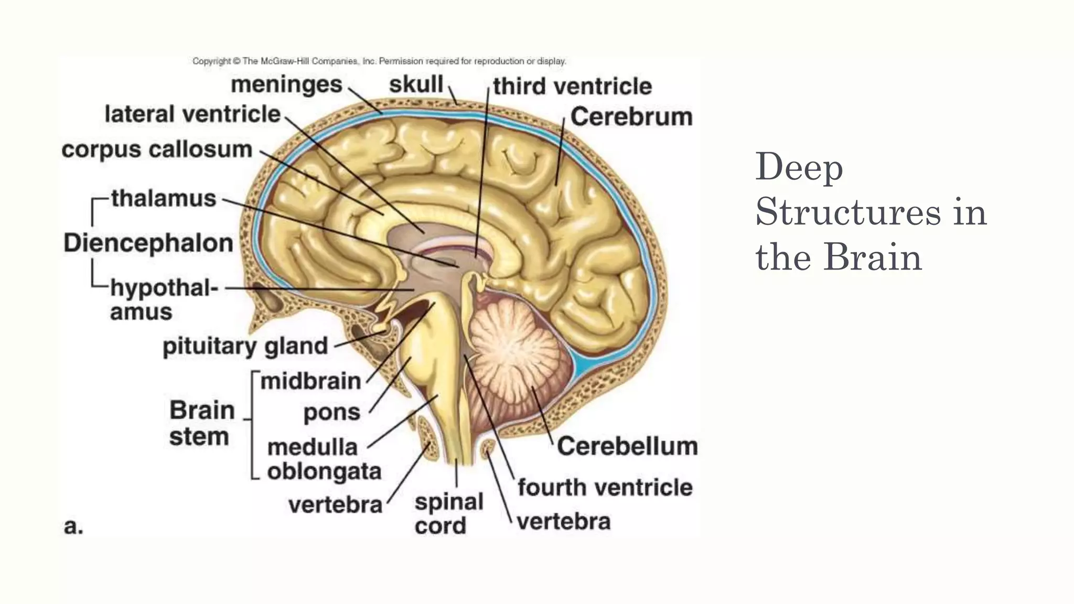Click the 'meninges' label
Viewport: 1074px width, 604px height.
click(286, 84)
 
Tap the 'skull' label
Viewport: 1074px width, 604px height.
click(416, 84)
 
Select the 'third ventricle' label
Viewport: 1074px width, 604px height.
click(572, 86)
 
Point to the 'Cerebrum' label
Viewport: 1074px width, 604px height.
click(631, 116)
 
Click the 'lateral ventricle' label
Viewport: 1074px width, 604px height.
click(192, 114)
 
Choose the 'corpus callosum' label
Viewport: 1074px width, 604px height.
click(157, 149)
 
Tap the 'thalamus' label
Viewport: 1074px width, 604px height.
click(164, 198)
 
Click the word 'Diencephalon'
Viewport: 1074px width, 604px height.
click(148, 243)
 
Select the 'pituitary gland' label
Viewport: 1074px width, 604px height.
click(245, 346)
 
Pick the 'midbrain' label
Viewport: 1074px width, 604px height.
click(310, 381)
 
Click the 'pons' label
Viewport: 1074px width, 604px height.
click(332, 413)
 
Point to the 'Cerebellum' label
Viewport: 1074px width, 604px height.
click(627, 446)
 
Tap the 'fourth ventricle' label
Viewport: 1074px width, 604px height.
click(605, 487)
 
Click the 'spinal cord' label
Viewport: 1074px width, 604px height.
click(448, 514)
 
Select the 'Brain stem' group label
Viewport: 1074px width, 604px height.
click(201, 423)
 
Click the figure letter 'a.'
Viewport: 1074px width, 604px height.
click(73, 526)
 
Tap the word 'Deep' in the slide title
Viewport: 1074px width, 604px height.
click(799, 167)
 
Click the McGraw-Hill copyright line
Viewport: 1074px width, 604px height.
click(379, 61)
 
